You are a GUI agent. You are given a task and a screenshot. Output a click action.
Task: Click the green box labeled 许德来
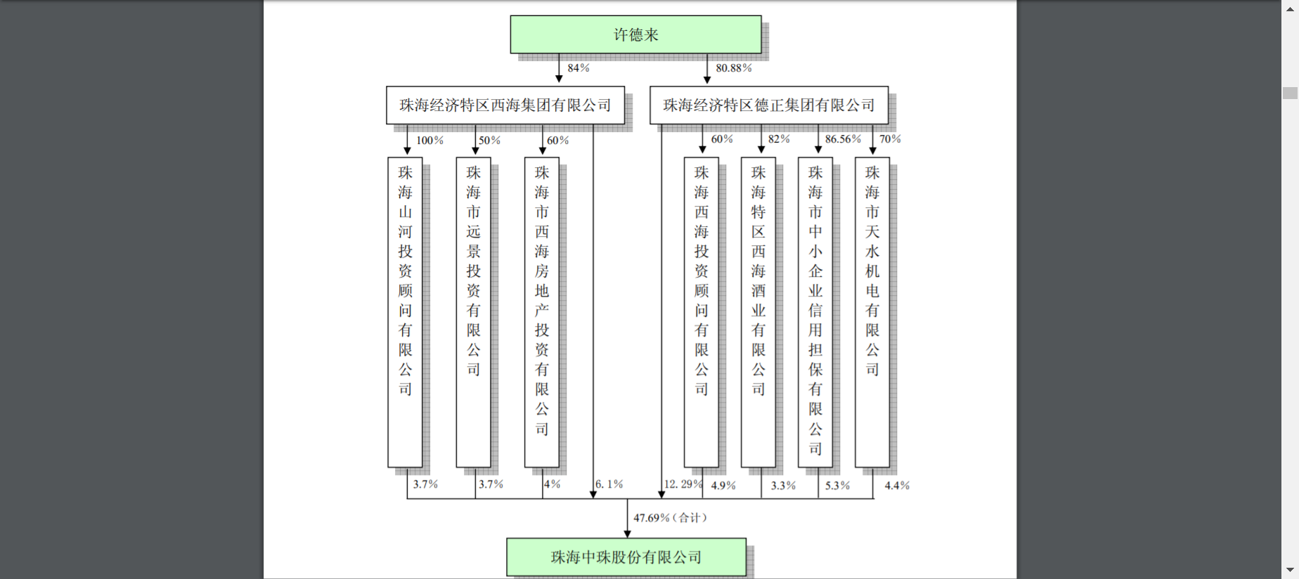(x=635, y=35)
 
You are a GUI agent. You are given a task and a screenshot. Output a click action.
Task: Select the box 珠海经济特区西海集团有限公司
(x=505, y=105)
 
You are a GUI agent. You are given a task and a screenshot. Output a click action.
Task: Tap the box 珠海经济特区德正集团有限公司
(x=768, y=105)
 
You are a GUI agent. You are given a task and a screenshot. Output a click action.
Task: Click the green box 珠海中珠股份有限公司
(x=626, y=557)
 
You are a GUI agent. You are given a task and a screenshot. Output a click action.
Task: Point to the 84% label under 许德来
(x=579, y=68)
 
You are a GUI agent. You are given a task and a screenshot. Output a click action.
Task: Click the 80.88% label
(x=733, y=68)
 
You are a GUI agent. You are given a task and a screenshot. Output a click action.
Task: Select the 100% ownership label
(x=429, y=141)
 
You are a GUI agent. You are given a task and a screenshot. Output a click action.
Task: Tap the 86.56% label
(x=843, y=139)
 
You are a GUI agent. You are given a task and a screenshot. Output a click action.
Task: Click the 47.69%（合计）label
(x=671, y=518)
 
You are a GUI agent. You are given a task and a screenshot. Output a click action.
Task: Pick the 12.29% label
(x=683, y=484)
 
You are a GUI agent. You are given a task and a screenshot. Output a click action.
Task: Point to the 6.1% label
(x=609, y=484)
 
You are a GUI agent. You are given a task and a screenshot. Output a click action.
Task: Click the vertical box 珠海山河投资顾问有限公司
(x=405, y=312)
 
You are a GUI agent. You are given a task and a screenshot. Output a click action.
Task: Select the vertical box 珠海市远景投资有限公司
(x=473, y=312)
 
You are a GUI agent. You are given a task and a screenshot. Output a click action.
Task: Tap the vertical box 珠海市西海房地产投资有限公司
(x=541, y=312)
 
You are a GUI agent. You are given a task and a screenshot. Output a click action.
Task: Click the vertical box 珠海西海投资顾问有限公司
(x=702, y=312)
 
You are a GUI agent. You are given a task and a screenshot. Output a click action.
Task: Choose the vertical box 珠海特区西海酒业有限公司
(x=758, y=312)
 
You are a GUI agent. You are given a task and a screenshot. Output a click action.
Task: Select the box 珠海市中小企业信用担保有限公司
(x=815, y=312)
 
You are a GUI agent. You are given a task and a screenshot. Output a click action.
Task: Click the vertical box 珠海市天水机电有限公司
(x=872, y=312)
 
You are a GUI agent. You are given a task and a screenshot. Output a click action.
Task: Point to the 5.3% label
(x=837, y=486)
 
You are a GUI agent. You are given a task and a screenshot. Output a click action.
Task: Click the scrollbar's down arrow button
(x=1290, y=570)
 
